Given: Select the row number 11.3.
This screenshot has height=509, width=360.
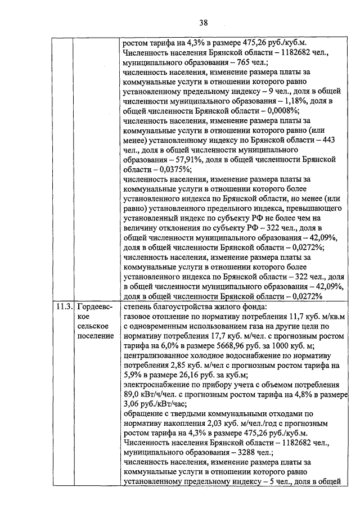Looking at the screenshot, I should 63,307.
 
